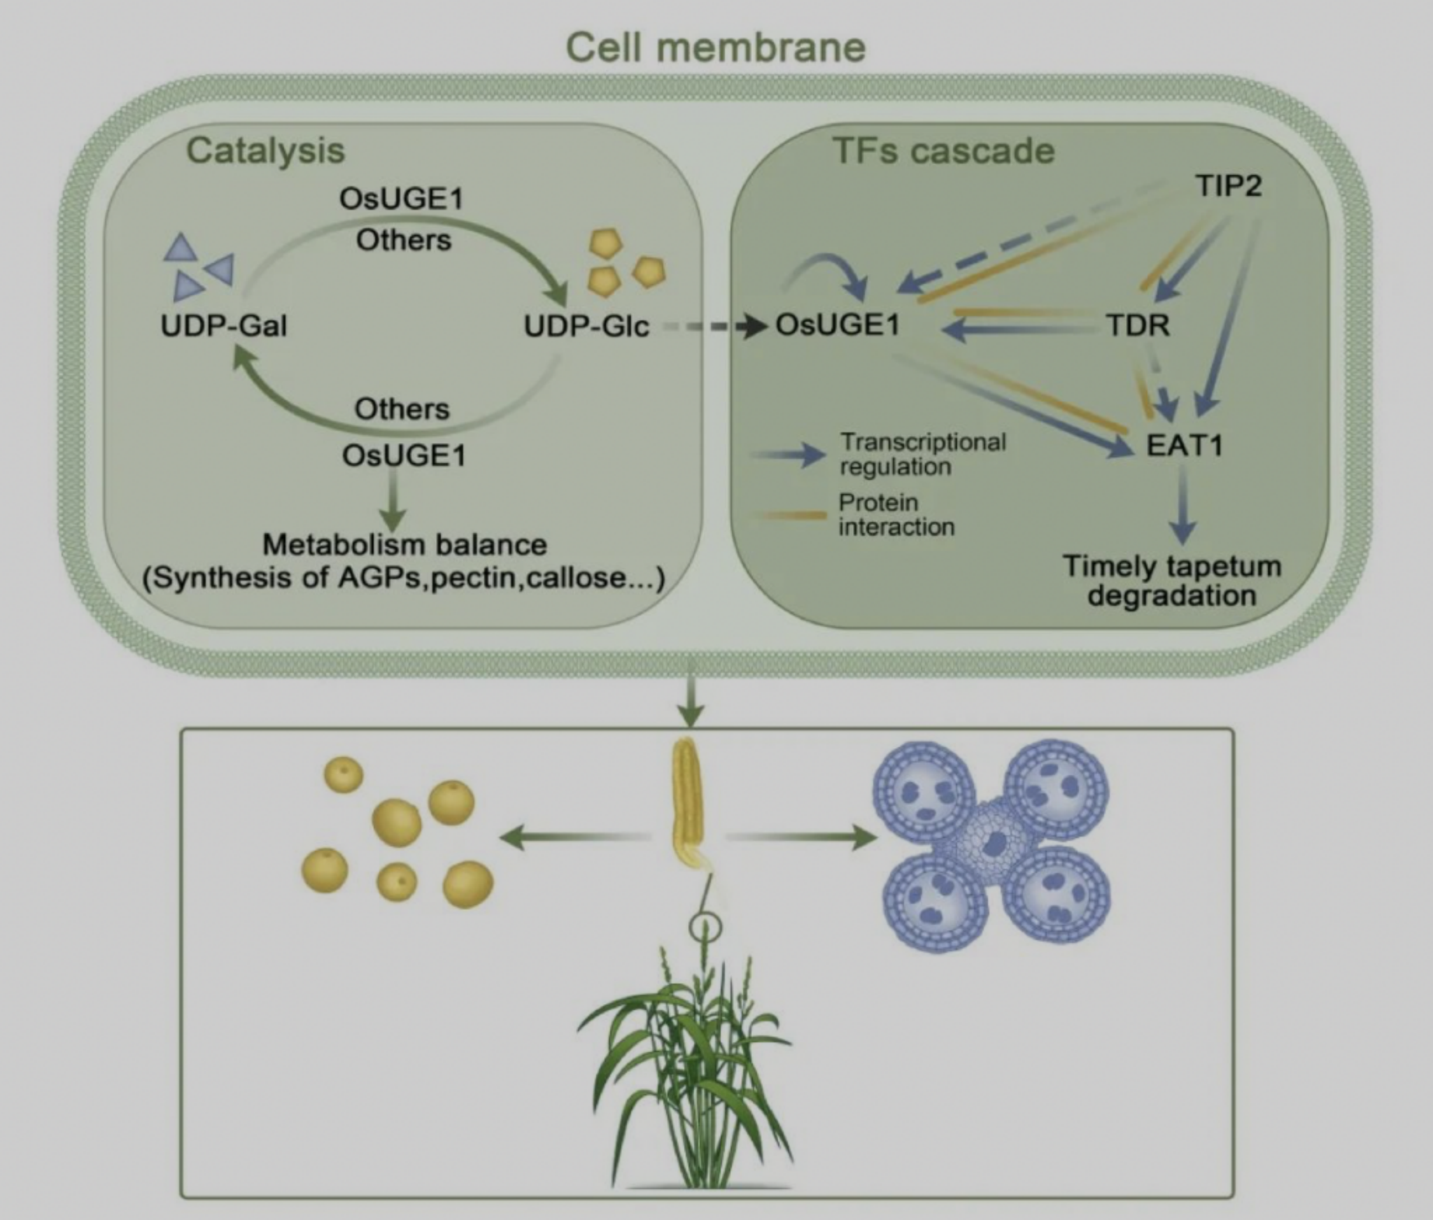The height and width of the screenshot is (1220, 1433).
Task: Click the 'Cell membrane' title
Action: [x=715, y=48]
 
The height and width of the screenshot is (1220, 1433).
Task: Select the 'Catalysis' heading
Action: [x=265, y=150]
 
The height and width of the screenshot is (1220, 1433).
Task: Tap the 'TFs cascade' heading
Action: [x=943, y=151]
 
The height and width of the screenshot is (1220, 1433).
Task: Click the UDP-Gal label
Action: [x=223, y=326]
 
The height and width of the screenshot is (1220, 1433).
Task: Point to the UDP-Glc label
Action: [x=586, y=326]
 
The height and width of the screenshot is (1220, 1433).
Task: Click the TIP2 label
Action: [x=1228, y=186]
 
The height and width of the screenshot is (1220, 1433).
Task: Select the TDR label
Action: [x=1138, y=325]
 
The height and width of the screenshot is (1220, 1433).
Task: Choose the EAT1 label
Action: [x=1184, y=446]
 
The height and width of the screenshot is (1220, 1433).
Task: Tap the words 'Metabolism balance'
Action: [x=404, y=545]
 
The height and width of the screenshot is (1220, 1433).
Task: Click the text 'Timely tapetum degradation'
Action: [x=1172, y=581]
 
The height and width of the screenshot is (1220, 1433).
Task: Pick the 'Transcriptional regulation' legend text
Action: [x=922, y=454]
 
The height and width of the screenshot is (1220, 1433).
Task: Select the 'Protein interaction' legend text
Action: [x=896, y=514]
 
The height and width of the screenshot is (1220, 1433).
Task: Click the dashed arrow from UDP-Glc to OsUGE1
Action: [x=714, y=326]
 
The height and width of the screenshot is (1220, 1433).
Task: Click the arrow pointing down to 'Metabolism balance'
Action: [x=394, y=499]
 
